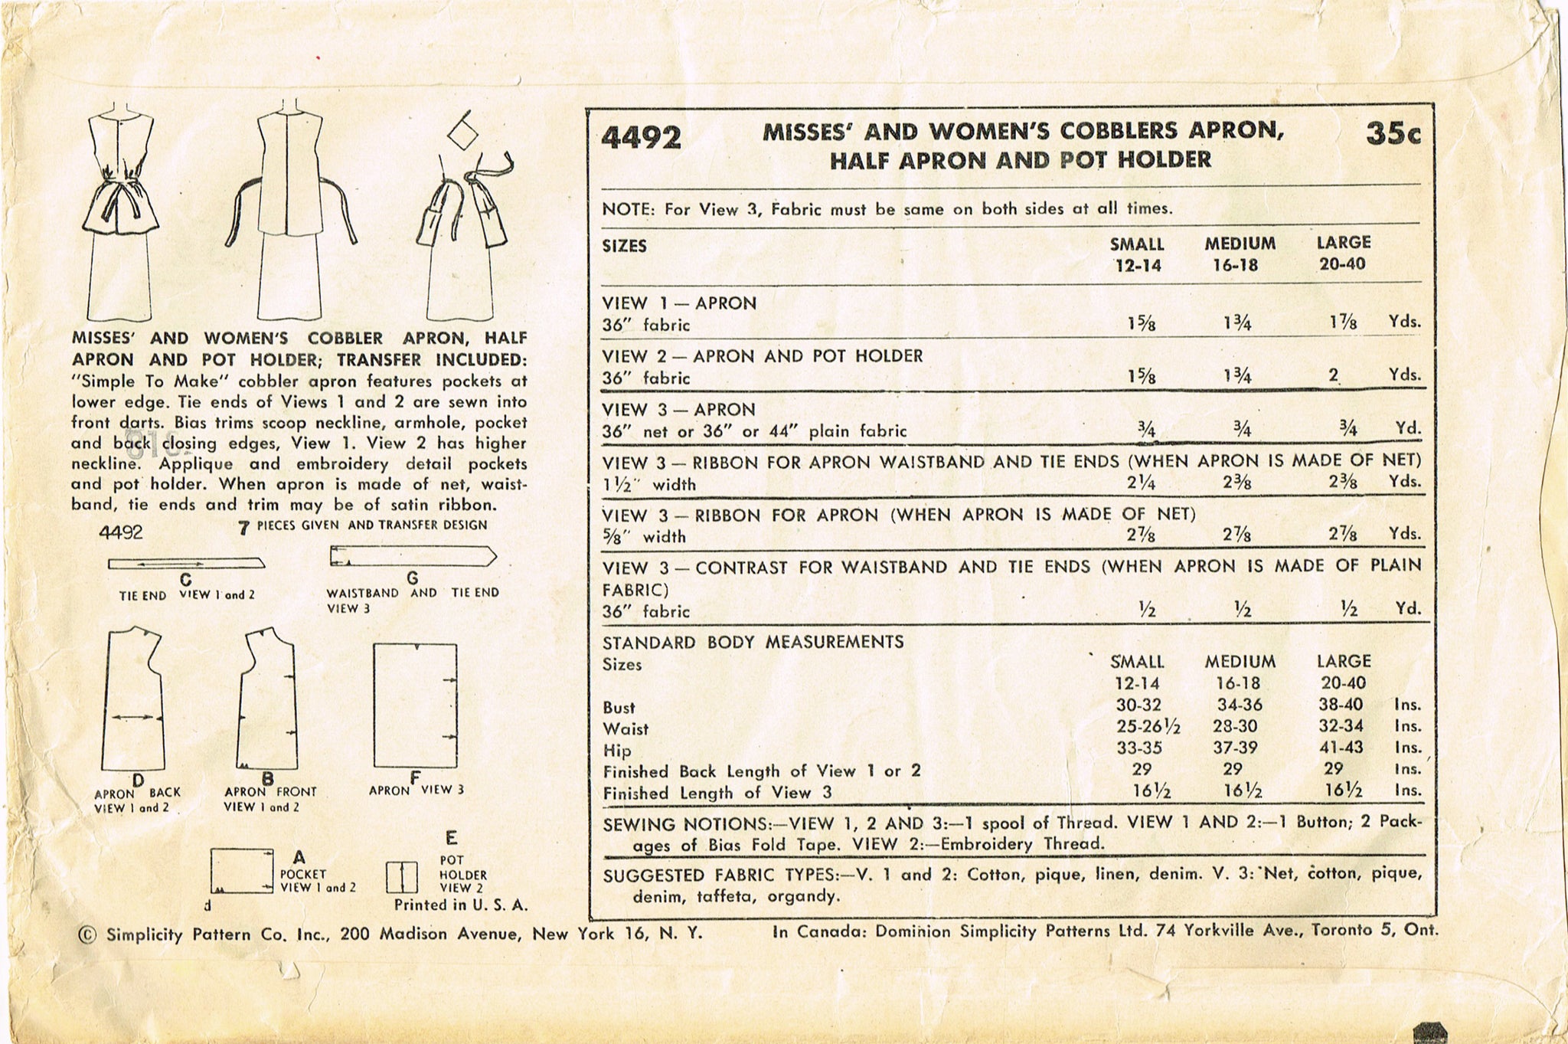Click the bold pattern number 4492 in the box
point(641,138)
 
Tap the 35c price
point(1393,134)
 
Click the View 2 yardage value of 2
point(1334,375)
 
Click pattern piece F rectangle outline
point(415,705)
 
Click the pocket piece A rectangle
point(241,870)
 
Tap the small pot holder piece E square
point(401,877)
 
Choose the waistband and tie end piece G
point(412,557)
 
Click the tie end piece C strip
point(186,565)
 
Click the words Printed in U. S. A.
point(461,905)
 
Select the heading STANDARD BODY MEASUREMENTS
point(753,642)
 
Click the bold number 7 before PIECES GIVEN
point(243,527)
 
